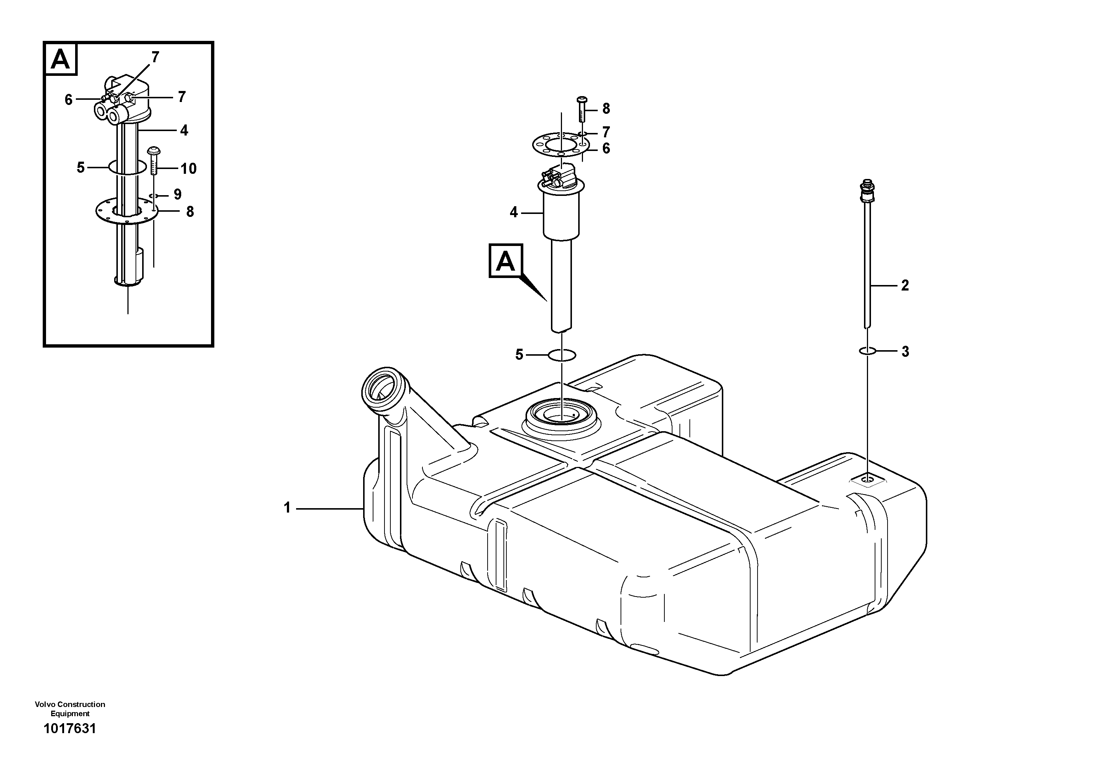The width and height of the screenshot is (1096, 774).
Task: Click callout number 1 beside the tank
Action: coord(287,508)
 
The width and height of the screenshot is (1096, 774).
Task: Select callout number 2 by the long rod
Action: coord(904,285)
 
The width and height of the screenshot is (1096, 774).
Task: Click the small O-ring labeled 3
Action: coord(867,351)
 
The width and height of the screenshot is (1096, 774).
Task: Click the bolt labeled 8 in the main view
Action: coord(582,110)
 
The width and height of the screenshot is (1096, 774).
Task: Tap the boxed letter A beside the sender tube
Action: coord(506,261)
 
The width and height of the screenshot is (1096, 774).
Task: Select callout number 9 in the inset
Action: coord(178,194)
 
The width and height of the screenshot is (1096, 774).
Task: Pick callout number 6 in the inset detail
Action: coord(68,100)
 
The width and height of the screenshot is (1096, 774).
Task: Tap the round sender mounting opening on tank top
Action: coord(560,414)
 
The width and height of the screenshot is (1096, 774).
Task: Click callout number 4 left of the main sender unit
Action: coord(514,212)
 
